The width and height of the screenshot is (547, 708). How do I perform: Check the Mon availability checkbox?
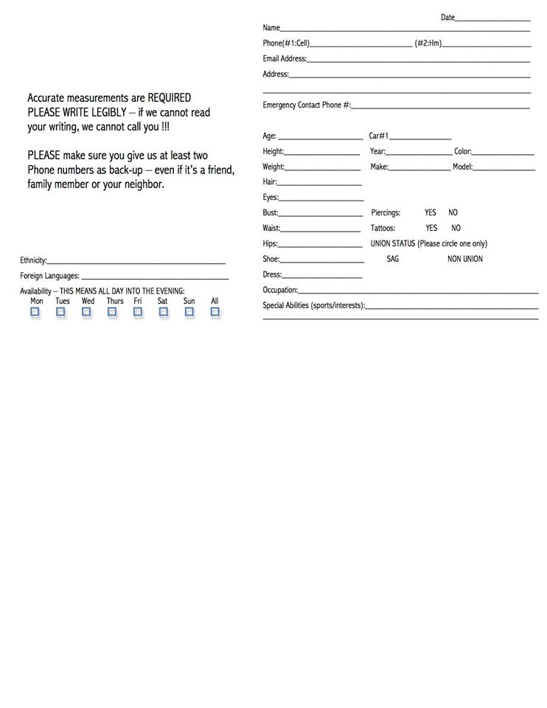coord(35,312)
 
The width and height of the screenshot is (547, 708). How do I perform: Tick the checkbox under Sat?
coord(163,312)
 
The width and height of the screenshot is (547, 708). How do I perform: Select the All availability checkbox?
coord(215,312)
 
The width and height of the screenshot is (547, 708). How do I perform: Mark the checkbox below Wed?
coord(86,312)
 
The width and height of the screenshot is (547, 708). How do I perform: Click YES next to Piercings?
coord(431,212)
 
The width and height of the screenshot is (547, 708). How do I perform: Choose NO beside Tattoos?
coord(456,229)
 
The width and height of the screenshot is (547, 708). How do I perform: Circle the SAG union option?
coord(393,259)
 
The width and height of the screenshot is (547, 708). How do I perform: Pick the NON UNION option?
coord(465,259)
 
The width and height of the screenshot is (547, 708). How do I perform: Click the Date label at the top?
coord(447,17)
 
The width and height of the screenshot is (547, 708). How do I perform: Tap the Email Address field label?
coord(285,58)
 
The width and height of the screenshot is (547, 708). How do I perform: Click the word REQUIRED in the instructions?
coord(169,97)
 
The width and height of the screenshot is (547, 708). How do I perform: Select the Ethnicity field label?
coord(33,260)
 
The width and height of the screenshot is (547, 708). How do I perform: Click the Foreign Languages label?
coord(49,276)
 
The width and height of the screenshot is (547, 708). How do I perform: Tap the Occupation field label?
coord(280,290)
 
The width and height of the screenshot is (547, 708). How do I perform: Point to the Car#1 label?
coord(378,136)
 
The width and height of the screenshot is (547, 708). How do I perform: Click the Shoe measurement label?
coord(271,259)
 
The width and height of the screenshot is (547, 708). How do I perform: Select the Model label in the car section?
coord(462,167)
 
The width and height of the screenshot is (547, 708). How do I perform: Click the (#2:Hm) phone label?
coord(428,43)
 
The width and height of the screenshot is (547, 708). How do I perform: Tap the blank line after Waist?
coord(321,229)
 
